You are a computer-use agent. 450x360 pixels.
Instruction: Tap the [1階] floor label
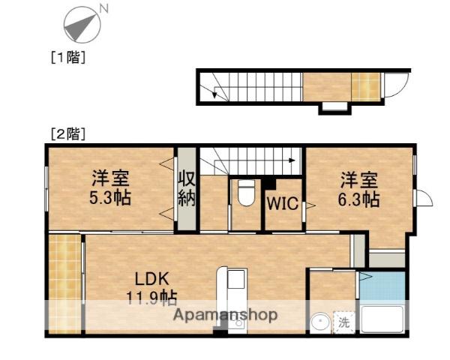click(67, 56)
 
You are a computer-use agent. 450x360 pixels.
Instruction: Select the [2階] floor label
click(67, 134)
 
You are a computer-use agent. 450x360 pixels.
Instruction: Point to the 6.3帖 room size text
click(359, 199)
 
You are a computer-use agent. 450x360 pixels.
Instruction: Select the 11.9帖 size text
click(151, 298)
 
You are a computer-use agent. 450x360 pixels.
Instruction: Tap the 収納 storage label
click(186, 190)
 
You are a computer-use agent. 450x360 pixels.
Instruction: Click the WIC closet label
click(283, 203)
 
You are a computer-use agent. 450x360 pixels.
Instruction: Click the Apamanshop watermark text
click(226, 316)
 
